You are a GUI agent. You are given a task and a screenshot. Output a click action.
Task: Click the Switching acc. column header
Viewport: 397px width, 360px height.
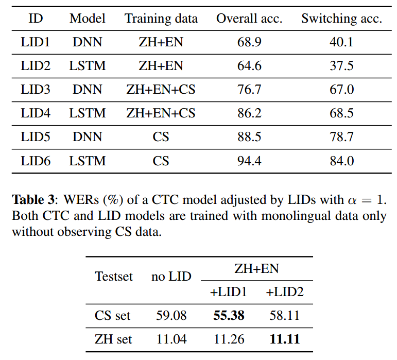coord(341,19)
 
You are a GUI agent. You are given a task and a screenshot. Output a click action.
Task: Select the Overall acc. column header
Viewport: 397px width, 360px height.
coord(249,19)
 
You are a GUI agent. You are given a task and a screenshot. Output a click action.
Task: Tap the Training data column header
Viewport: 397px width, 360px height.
coord(161,19)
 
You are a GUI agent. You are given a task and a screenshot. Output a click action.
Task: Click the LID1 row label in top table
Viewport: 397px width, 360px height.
coord(36,42)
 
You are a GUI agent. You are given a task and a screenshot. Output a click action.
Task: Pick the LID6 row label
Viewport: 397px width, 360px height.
coord(36,161)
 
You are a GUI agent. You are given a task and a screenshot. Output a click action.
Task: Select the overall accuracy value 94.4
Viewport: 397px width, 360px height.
coord(249,161)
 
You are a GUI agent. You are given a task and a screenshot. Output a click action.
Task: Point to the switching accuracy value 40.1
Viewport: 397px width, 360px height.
coord(341,42)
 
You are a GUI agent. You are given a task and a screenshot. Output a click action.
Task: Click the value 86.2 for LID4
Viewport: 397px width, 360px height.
coord(249,113)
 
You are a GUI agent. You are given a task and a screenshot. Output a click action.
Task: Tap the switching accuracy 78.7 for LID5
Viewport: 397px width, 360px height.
coord(341,138)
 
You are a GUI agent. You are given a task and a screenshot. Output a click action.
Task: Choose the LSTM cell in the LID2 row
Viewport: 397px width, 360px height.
coord(88,66)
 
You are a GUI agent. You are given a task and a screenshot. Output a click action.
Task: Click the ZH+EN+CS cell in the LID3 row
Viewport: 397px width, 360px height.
coord(161,90)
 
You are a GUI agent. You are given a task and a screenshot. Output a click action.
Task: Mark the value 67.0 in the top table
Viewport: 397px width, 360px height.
coord(341,90)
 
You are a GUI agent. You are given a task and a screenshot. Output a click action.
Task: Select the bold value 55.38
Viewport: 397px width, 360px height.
coord(229,315)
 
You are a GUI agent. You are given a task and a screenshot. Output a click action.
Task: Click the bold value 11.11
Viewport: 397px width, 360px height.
coord(284,339)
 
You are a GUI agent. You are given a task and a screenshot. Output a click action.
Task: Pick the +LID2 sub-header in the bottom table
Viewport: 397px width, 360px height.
coord(284,292)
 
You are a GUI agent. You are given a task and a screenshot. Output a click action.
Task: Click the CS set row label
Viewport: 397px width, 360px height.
coord(113,315)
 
